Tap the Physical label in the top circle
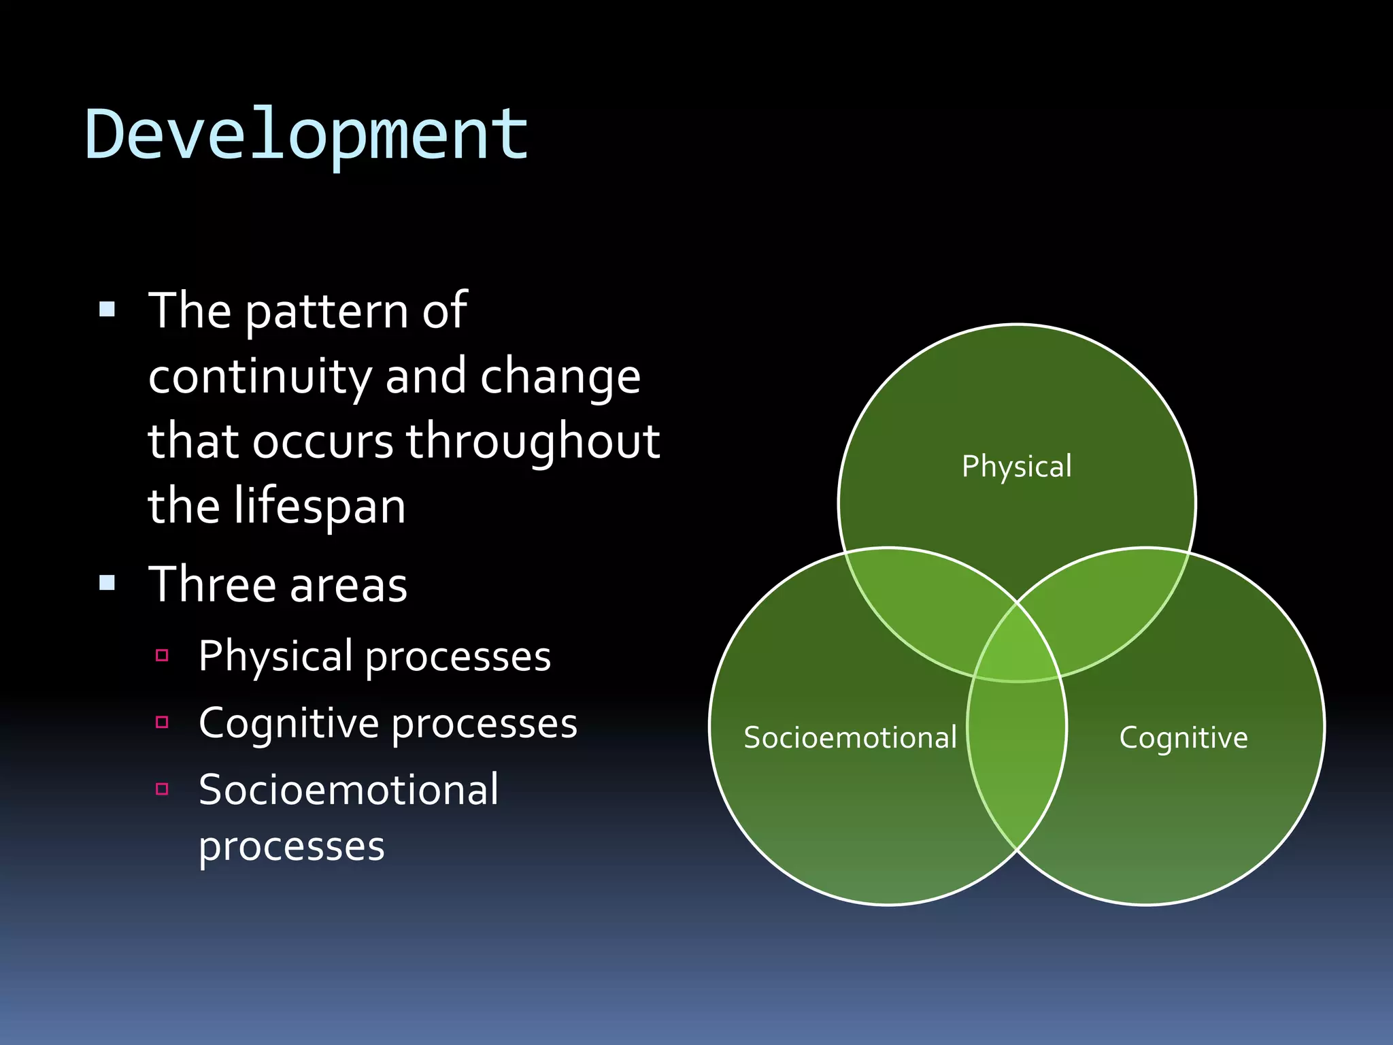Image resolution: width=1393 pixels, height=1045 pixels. [x=1016, y=467]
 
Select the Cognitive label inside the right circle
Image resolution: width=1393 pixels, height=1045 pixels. [x=1184, y=737]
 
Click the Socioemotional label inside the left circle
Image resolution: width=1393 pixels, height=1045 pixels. [x=850, y=737]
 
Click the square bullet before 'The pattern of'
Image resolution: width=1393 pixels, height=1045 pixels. [x=107, y=310]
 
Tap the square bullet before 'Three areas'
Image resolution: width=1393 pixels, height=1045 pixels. [x=107, y=582]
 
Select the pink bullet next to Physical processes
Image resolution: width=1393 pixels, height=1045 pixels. [x=162, y=655]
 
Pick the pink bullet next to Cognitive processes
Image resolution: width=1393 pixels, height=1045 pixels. [x=162, y=722]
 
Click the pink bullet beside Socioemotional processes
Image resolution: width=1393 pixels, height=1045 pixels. [x=162, y=789]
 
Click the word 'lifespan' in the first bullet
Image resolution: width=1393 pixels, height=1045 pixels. [x=320, y=506]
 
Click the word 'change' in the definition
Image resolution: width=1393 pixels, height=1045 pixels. [x=560, y=376]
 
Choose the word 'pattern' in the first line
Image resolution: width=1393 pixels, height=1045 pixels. [x=326, y=311]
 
